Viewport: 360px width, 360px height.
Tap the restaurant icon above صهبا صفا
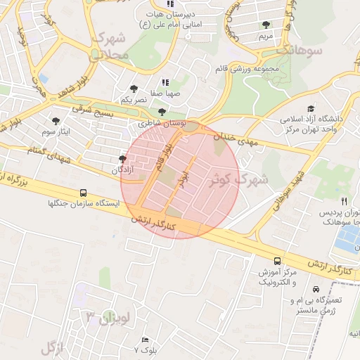click(x=166, y=82)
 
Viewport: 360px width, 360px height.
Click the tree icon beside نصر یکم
click(x=134, y=89)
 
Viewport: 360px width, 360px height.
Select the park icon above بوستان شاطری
click(x=162, y=112)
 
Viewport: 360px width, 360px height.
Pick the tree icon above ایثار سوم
click(x=56, y=121)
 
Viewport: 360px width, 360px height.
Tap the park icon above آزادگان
click(x=123, y=160)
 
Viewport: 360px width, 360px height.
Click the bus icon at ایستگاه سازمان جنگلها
click(x=84, y=193)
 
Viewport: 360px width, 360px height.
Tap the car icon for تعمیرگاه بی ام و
click(x=316, y=290)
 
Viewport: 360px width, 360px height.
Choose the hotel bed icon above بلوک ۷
click(x=146, y=340)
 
